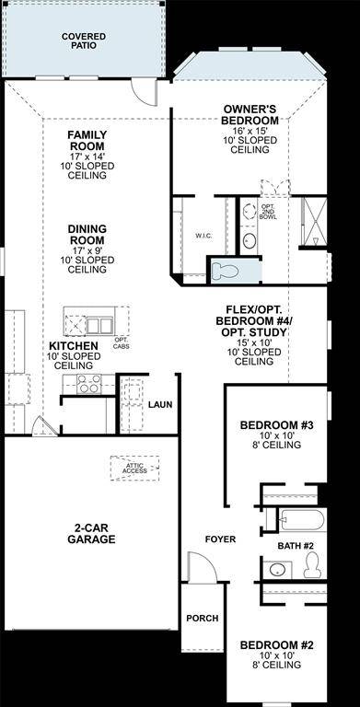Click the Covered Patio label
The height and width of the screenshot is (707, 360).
(x=83, y=41)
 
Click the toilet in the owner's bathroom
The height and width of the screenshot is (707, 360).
(x=225, y=271)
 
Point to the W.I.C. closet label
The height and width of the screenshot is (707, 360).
(x=204, y=236)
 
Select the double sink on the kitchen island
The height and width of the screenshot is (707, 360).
(x=99, y=325)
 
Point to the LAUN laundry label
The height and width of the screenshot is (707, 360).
(x=160, y=404)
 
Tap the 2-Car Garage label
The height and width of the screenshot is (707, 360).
(x=89, y=534)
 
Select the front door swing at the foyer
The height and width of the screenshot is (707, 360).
(x=202, y=566)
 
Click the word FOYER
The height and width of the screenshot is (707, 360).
(x=220, y=539)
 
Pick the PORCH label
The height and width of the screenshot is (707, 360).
(x=202, y=618)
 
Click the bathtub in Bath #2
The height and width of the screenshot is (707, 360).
(x=300, y=520)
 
